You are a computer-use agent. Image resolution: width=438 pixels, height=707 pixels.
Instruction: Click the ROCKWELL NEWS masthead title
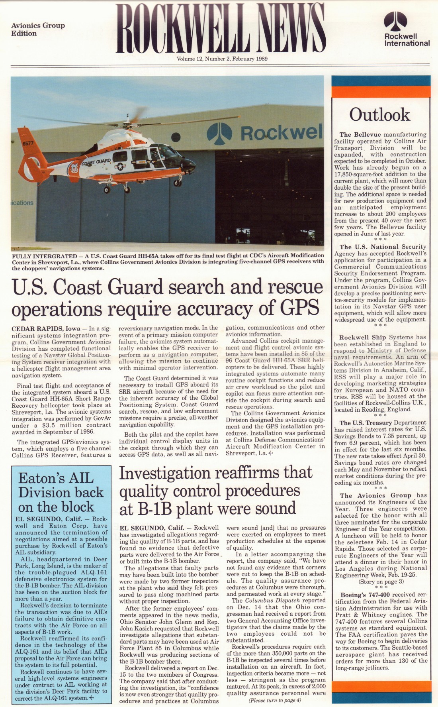pos(221,29)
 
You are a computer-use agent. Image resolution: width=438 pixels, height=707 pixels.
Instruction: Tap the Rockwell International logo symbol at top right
pos(395,21)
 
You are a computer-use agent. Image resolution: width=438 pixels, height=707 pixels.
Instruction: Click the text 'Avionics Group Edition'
pos(38,29)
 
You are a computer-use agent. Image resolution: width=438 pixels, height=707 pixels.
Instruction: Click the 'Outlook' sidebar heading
pos(379,115)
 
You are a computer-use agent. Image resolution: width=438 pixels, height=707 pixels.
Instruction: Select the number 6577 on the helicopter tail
pos(28,143)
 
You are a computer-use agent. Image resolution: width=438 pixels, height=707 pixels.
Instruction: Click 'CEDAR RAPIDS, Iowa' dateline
pos(46,329)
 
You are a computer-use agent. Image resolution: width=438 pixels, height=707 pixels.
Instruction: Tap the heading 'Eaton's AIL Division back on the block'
pos(56,492)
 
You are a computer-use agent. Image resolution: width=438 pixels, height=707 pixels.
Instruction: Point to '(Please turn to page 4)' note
pos(275,700)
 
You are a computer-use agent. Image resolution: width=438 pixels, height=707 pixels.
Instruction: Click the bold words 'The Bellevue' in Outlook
pos(360,135)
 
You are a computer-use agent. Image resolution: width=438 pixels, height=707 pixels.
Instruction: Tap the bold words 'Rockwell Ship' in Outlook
pos(363,337)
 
